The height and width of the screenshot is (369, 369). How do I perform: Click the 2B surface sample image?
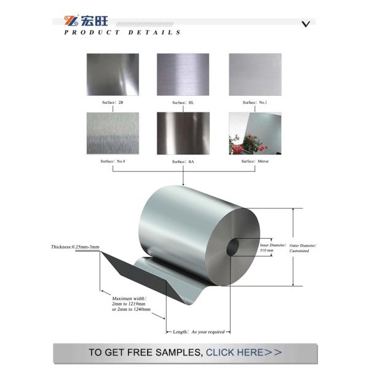(x=112, y=74)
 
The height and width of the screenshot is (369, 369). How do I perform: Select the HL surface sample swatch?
(x=183, y=74)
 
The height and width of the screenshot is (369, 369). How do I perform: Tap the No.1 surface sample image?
(x=255, y=74)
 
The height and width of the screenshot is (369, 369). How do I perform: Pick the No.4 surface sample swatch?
(x=112, y=133)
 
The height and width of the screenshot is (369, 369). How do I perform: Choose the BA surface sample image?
(x=183, y=133)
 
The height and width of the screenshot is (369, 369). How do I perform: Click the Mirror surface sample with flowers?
(x=255, y=133)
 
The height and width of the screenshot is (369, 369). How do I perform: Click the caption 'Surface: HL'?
(x=183, y=103)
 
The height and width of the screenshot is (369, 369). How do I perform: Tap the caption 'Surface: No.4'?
(x=112, y=161)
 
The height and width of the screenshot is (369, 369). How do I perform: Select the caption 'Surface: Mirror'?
(x=255, y=161)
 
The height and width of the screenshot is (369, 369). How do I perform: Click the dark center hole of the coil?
(x=234, y=248)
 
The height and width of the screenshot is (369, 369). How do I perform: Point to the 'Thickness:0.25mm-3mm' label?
(x=75, y=247)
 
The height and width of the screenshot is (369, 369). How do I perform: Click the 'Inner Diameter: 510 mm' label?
(x=272, y=248)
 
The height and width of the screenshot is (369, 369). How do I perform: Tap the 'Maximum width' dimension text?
(x=132, y=304)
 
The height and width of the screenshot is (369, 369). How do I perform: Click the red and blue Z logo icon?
(x=71, y=20)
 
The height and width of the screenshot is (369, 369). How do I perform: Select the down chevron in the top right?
(x=305, y=24)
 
